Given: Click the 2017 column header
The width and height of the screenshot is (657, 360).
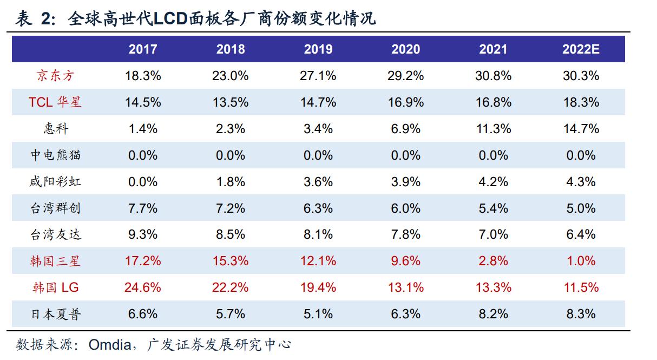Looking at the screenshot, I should [x=143, y=49].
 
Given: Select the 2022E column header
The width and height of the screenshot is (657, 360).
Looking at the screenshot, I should [x=581, y=49].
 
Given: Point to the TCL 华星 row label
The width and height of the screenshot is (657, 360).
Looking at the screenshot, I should [x=55, y=102].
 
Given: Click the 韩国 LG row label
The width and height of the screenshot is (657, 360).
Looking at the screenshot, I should [x=55, y=287].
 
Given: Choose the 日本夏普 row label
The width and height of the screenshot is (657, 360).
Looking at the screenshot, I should [x=55, y=314].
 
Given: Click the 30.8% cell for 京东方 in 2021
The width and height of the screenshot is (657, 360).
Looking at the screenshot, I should [x=493, y=76].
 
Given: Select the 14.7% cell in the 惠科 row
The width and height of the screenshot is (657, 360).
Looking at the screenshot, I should [x=581, y=129].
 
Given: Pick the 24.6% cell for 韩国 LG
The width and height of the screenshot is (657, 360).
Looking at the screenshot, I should [x=143, y=287].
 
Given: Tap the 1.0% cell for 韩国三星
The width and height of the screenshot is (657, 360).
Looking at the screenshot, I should [x=581, y=261].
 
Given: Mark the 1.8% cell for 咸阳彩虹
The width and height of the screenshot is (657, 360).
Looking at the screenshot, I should [x=231, y=181].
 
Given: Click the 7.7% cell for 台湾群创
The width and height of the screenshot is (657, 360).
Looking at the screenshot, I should [x=143, y=208].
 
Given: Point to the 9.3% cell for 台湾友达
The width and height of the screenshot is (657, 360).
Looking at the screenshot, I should [x=143, y=234].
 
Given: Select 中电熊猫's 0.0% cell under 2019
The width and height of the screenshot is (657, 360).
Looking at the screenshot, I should [x=318, y=155].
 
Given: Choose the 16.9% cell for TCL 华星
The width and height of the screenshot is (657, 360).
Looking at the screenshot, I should [x=406, y=102].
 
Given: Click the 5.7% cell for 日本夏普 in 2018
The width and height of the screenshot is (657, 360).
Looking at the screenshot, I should [x=231, y=314].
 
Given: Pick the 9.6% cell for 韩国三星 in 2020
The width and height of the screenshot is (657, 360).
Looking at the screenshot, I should [x=406, y=261].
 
